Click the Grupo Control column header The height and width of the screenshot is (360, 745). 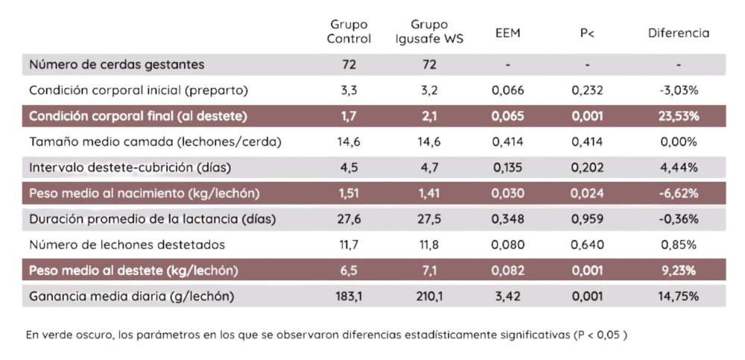(349, 32)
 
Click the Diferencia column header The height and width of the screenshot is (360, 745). (678, 33)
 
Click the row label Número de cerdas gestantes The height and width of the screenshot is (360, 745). (116, 65)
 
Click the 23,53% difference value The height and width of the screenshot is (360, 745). (678, 116)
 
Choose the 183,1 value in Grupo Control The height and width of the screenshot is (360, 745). (349, 296)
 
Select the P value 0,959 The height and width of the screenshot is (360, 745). (586, 219)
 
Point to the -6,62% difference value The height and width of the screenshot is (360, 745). (678, 193)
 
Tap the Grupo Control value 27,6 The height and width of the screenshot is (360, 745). (349, 219)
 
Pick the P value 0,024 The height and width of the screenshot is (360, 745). (586, 193)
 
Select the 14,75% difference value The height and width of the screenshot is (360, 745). (678, 296)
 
